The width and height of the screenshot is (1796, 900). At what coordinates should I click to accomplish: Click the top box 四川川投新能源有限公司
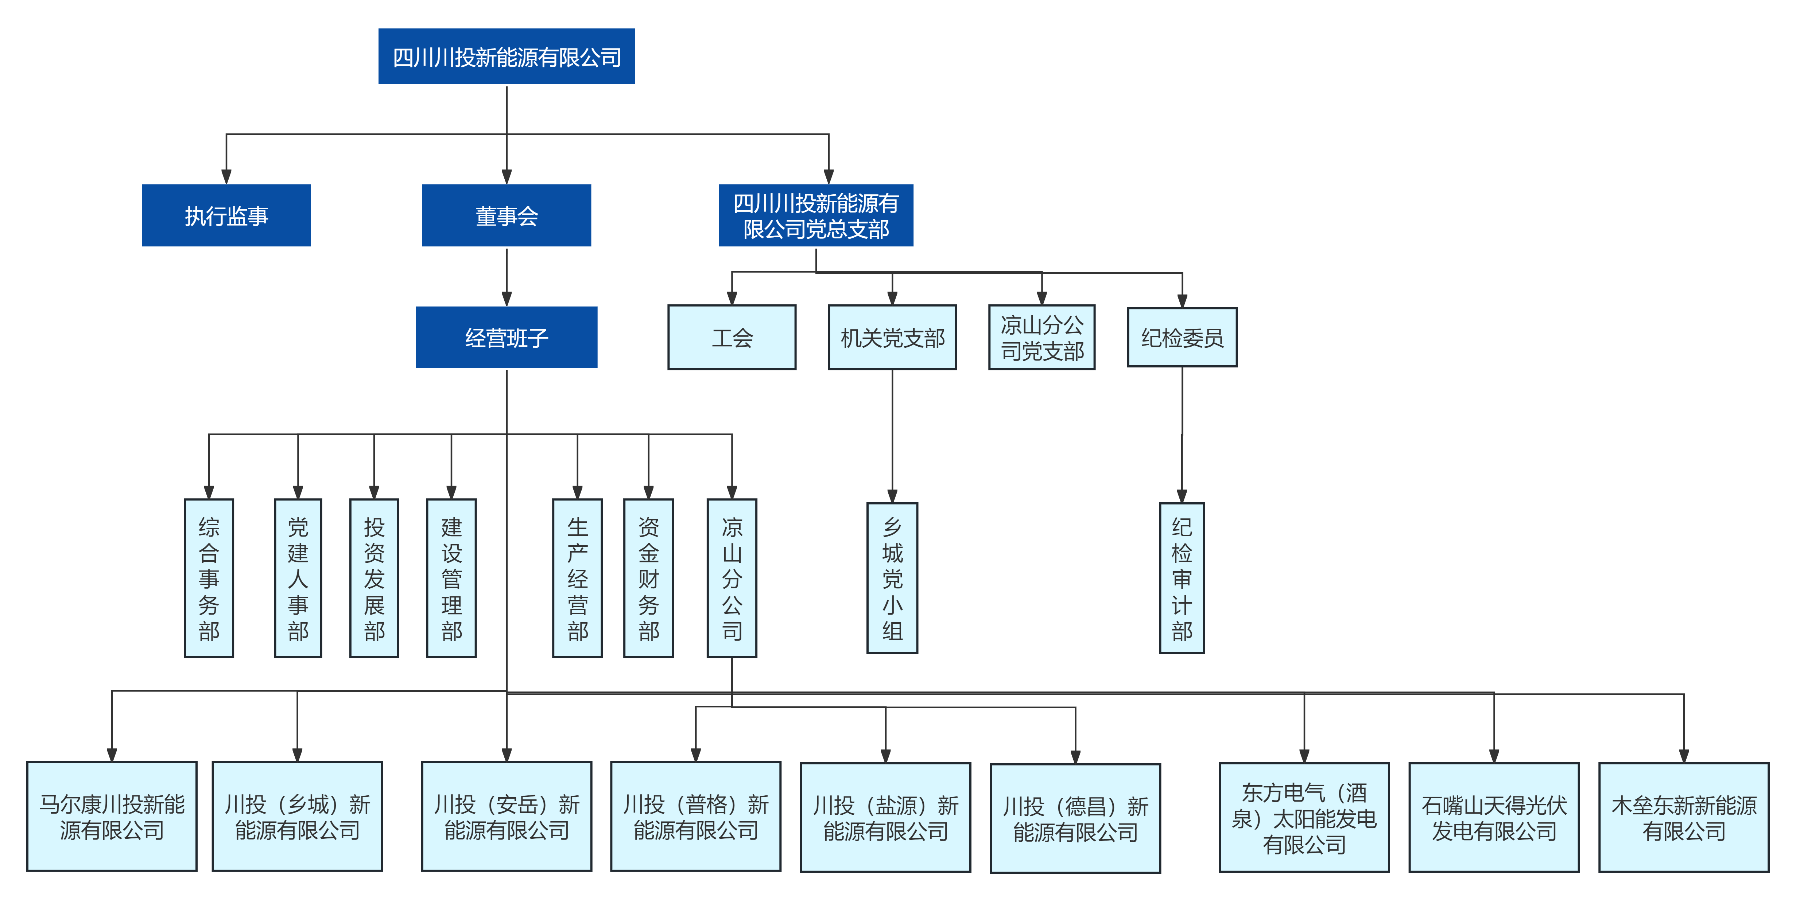click(506, 57)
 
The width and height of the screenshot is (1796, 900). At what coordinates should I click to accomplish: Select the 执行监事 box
click(226, 215)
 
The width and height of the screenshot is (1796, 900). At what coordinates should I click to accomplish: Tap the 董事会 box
click(506, 215)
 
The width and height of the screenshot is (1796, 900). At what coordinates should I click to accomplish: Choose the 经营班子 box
click(506, 338)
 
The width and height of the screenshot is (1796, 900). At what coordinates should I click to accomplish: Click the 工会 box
click(732, 338)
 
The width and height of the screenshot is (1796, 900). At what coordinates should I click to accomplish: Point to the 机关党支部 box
click(892, 338)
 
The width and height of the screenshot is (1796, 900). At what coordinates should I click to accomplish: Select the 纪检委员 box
click(1183, 338)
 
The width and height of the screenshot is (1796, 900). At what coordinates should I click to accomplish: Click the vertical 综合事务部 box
click(209, 578)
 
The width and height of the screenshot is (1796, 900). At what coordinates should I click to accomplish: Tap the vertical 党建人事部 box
click(298, 578)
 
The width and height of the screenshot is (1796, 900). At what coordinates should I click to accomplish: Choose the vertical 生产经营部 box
click(577, 578)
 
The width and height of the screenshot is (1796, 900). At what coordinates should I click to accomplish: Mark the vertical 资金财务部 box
click(648, 578)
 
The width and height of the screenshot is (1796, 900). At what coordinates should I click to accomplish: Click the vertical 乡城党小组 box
click(892, 578)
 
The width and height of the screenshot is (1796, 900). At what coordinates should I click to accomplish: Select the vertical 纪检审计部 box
click(1182, 578)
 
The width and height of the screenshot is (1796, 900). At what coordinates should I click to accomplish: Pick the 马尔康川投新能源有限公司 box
click(112, 817)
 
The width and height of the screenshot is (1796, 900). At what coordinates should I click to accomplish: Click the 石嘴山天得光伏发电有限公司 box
click(1494, 817)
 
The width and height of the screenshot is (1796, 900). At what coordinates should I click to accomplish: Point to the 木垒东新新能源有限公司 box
click(1684, 817)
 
